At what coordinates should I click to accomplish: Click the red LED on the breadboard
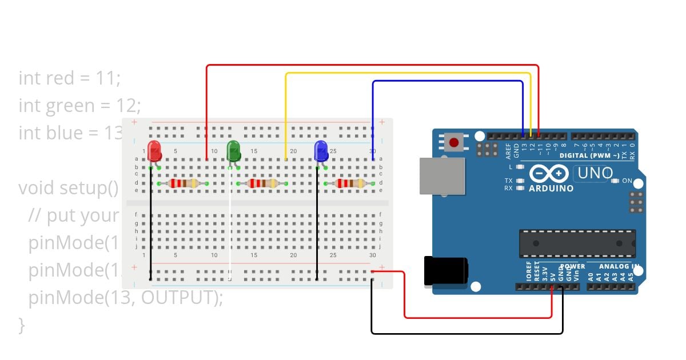click(154, 151)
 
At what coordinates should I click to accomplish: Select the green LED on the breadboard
click(234, 151)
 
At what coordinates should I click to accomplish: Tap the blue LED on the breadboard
click(321, 151)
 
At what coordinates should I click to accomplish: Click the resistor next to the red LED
click(182, 183)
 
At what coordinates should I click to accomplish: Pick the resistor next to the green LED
click(262, 183)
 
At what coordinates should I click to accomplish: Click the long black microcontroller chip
click(577, 243)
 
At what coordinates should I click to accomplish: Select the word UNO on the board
click(595, 173)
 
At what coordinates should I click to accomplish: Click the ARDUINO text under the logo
click(551, 188)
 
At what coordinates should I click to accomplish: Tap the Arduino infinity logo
click(549, 174)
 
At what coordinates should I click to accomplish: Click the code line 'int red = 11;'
click(70, 78)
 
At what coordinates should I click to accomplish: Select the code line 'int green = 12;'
click(79, 105)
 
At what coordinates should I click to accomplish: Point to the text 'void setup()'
click(68, 187)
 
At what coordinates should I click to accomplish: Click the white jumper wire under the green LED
click(230, 229)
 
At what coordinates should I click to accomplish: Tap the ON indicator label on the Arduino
click(627, 181)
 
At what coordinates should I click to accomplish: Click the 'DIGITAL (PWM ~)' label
click(589, 155)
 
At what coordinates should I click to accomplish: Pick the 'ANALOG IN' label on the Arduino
click(619, 266)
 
